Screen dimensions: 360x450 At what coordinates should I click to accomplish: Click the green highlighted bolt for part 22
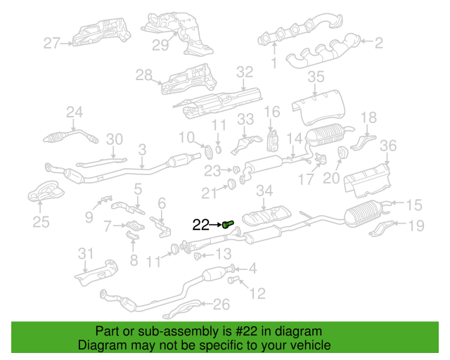[228, 225]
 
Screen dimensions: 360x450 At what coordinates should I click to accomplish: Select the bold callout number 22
[201, 225]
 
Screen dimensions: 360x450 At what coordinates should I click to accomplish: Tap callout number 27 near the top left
[52, 44]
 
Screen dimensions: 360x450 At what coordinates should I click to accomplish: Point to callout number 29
[161, 46]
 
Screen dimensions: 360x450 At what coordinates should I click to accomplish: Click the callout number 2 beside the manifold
[378, 44]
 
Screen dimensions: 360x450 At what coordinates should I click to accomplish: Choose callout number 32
[244, 72]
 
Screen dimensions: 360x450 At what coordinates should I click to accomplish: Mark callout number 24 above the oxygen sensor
[75, 111]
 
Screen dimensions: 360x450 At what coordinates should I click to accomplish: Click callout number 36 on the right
[388, 146]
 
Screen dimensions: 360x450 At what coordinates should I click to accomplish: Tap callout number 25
[41, 223]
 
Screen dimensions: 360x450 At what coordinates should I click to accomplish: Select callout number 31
[85, 252]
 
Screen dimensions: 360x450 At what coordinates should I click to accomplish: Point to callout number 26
[221, 304]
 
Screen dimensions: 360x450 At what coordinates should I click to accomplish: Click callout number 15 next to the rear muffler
[414, 205]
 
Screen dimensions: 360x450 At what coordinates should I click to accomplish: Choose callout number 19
[416, 225]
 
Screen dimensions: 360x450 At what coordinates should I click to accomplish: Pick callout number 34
[264, 191]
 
